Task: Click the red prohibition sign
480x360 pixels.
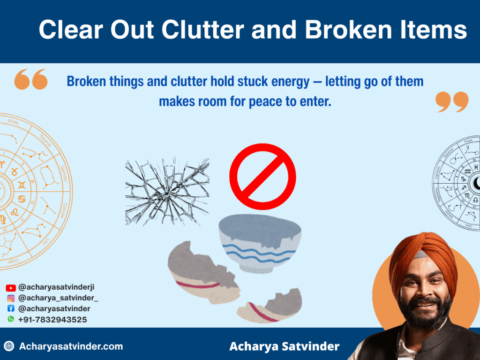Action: coord(262,176)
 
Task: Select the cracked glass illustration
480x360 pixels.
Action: coord(167,191)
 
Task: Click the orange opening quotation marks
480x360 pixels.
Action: coord(31,79)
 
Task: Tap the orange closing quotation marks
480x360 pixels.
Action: coord(451,102)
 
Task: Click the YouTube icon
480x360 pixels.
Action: coord(11,288)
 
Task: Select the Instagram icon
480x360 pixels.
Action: coord(11,298)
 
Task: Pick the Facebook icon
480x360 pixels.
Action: coord(11,309)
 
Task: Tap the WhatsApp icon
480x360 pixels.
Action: coord(11,319)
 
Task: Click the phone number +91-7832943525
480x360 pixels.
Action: coord(52,320)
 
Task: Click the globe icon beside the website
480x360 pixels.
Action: coord(9,347)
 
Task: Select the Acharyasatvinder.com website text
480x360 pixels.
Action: coord(71,347)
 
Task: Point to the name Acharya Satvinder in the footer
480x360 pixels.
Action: coord(284,347)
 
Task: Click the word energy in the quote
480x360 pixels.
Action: coord(291,82)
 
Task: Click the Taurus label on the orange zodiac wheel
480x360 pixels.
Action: coord(45,140)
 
